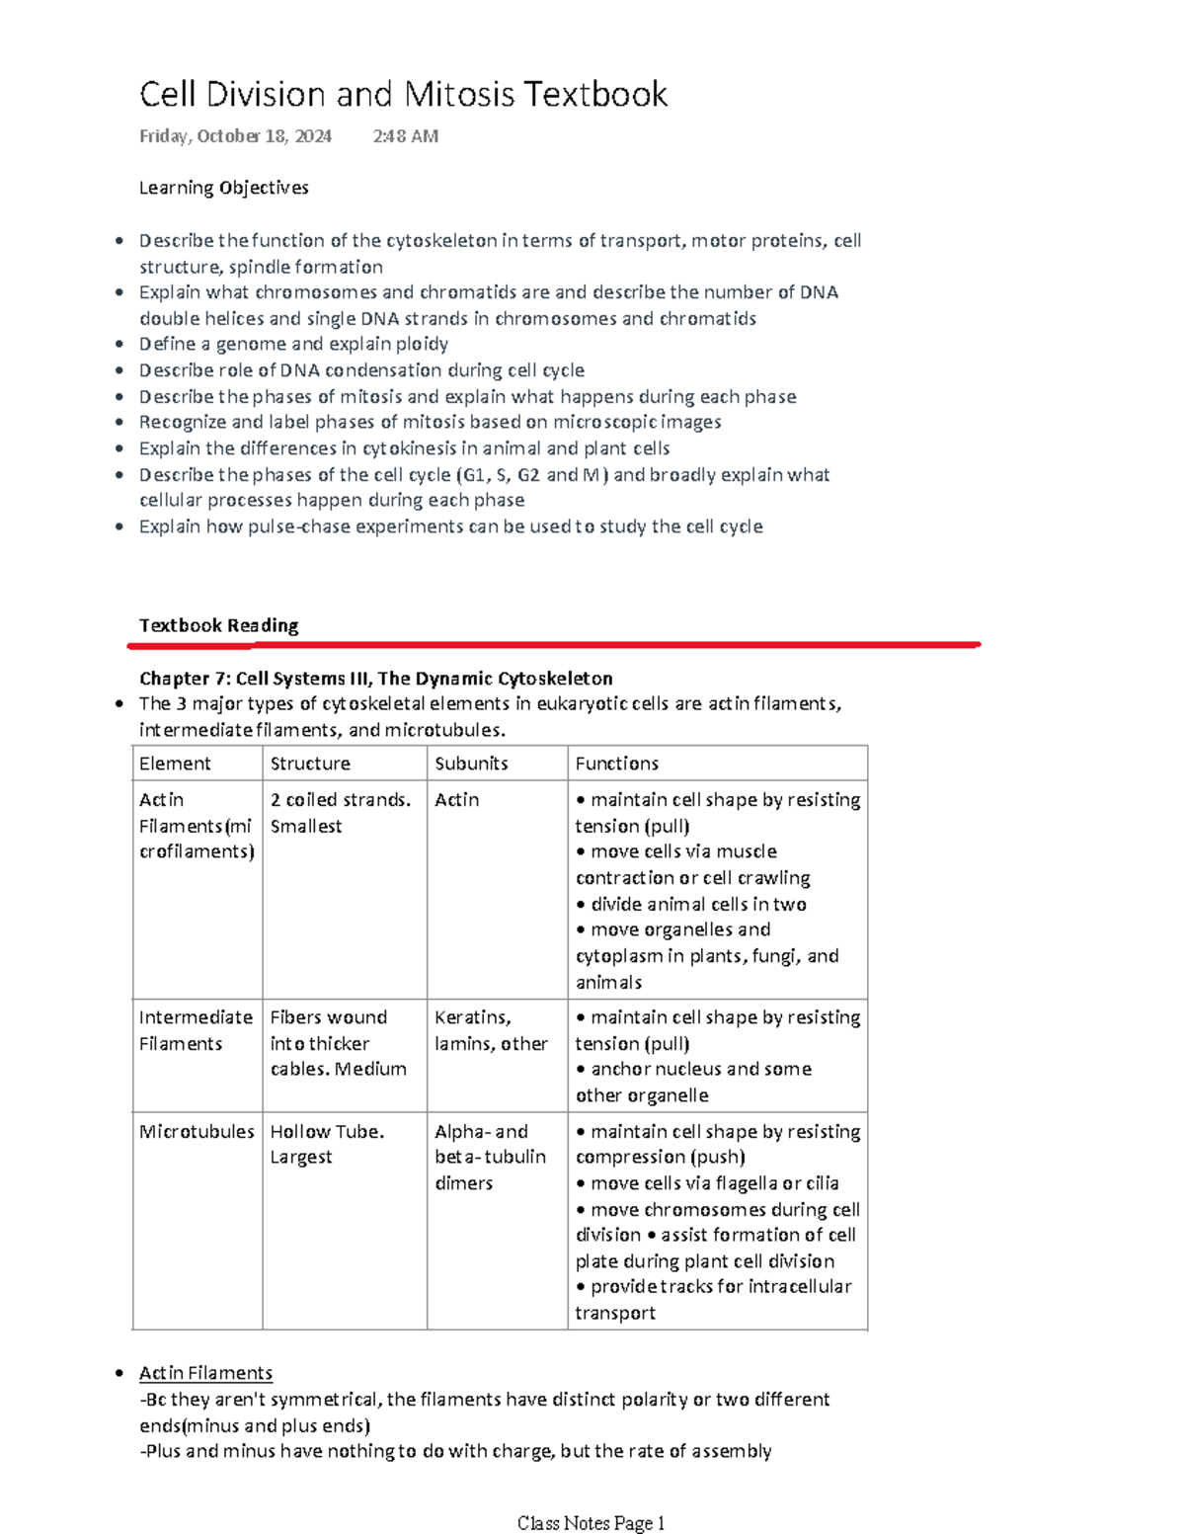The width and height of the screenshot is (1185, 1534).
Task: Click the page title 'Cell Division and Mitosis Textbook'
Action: [x=403, y=95]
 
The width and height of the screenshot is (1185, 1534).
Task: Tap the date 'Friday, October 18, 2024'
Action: [x=235, y=136]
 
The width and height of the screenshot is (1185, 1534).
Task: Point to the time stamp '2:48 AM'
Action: [x=405, y=136]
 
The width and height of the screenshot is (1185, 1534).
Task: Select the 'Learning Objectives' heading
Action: [x=223, y=188]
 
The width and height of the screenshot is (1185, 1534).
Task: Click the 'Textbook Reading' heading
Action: [x=218, y=625]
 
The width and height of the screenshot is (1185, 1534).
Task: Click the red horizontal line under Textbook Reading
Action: [x=553, y=645]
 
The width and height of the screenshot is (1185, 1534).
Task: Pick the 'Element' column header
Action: [x=175, y=764]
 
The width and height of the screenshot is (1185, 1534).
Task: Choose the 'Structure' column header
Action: [x=310, y=764]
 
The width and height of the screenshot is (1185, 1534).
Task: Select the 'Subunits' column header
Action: [x=471, y=764]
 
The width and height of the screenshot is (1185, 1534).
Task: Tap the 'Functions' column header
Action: [x=616, y=764]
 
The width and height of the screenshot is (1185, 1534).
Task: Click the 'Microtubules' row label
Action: [x=197, y=1132]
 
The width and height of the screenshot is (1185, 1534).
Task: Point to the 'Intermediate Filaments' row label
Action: [x=196, y=1030]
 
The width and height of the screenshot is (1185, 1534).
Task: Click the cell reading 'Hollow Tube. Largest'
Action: [x=327, y=1144]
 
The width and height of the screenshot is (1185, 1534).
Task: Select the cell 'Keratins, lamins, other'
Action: [x=491, y=1030]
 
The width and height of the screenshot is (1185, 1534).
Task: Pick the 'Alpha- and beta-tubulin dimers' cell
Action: [x=490, y=1157]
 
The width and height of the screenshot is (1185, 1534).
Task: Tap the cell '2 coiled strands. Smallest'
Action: [x=340, y=813]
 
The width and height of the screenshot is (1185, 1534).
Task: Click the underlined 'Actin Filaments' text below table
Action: [x=205, y=1373]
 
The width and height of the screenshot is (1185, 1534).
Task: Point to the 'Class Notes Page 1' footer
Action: [x=591, y=1523]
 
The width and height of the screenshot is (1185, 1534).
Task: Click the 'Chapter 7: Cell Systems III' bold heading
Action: [x=375, y=679]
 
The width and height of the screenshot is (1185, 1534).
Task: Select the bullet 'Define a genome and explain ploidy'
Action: [x=293, y=344]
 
